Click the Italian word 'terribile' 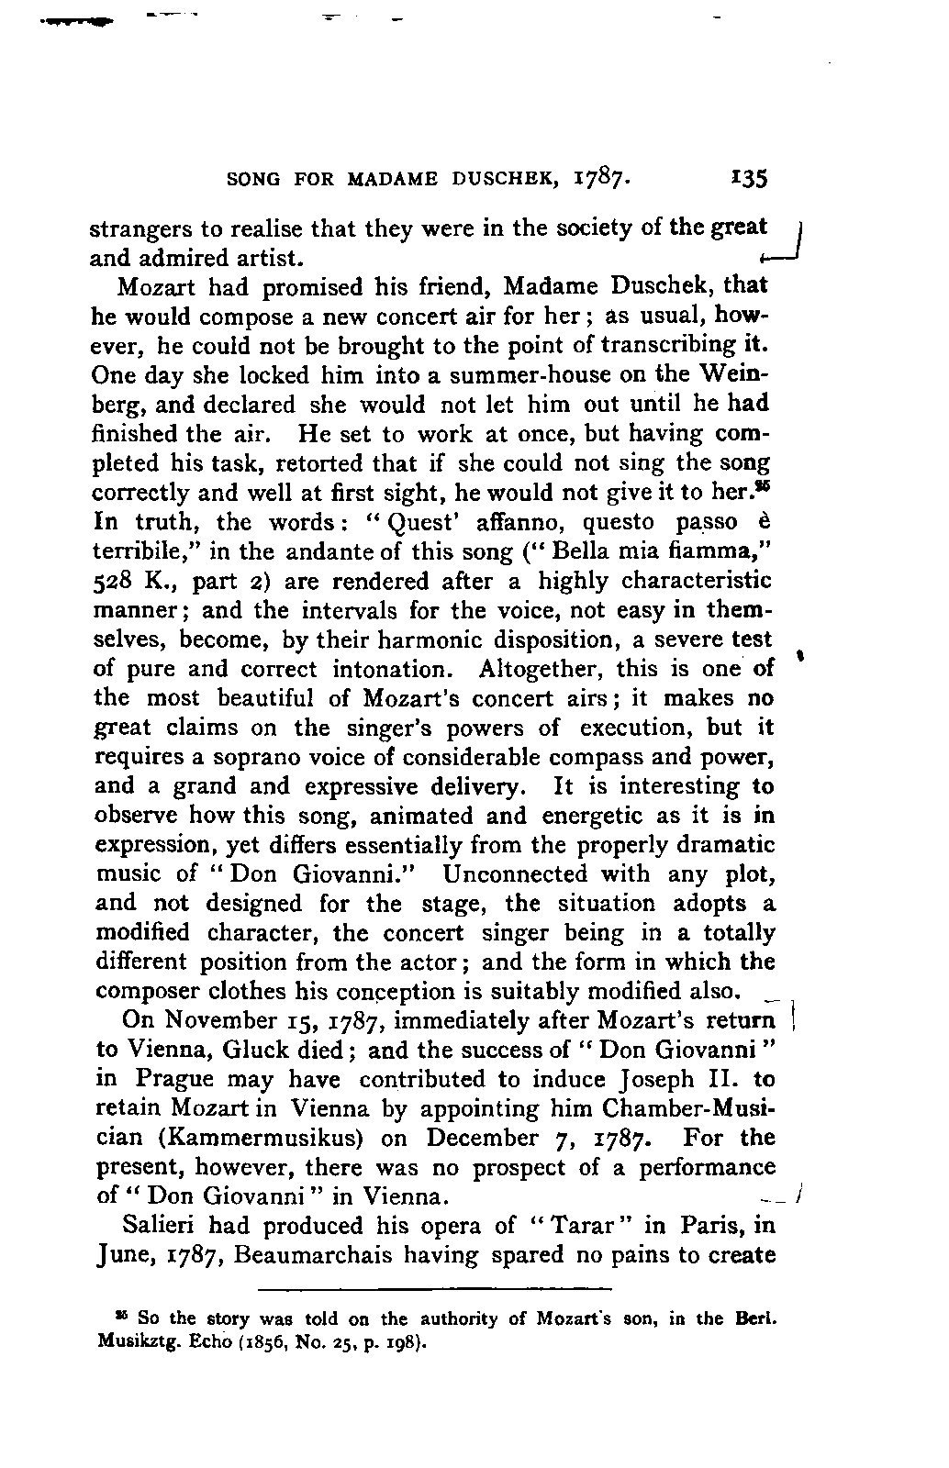pos(138,552)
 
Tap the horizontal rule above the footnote pos(436,1289)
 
